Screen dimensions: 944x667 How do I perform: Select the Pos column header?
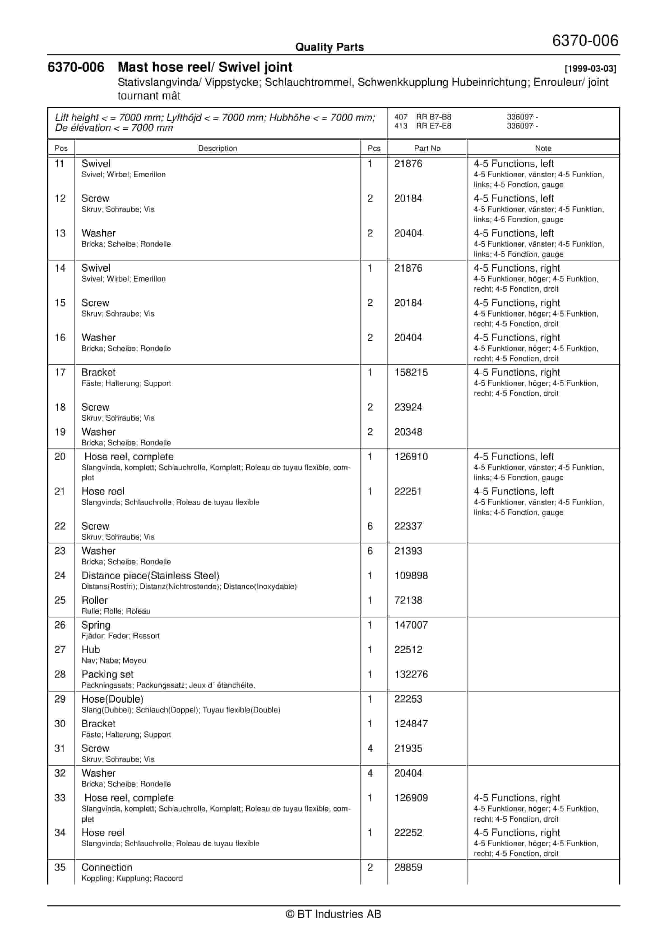point(61,148)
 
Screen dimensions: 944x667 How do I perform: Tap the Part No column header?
point(427,148)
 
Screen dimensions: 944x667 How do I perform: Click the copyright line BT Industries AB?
point(333,914)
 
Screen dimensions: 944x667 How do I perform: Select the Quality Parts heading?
point(329,47)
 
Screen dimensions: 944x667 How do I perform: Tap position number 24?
point(60,576)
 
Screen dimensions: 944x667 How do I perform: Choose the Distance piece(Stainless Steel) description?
point(150,576)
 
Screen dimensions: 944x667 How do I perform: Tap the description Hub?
point(91,650)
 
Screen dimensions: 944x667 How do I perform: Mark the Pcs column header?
point(374,148)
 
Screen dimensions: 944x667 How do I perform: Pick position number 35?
point(60,867)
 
